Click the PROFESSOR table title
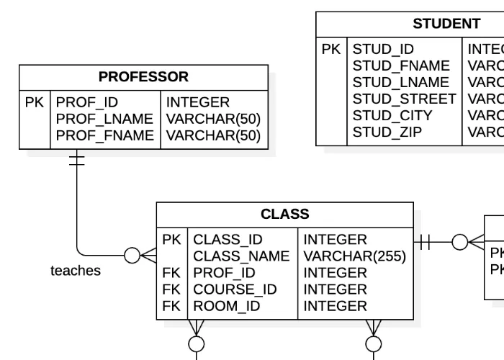[x=143, y=77]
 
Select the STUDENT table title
[x=446, y=24]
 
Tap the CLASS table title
[x=284, y=215]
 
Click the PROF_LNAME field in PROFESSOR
[x=105, y=119]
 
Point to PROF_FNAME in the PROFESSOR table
[x=105, y=135]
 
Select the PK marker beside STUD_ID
[x=331, y=50]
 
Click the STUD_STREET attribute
[x=404, y=99]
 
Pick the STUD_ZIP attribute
[x=387, y=132]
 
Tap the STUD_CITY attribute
[x=392, y=115]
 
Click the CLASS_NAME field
[x=241, y=256]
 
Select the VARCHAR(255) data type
[x=354, y=256]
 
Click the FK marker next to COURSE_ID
[x=171, y=289]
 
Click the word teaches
[x=76, y=271]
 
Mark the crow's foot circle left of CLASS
[x=132, y=255]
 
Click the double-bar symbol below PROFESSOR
[x=76, y=160]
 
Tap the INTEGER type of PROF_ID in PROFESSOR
[x=197, y=102]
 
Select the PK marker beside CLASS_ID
[x=171, y=240]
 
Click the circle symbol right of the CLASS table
[x=461, y=243]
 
